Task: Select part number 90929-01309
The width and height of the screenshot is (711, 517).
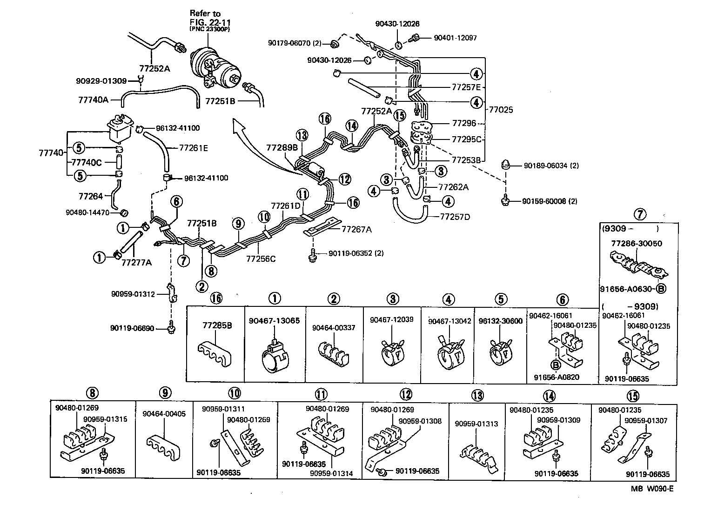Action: (x=101, y=81)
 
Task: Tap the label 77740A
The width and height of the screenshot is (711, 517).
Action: (x=93, y=99)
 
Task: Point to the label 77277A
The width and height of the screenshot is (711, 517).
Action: (x=136, y=263)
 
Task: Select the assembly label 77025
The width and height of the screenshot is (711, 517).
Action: (x=501, y=110)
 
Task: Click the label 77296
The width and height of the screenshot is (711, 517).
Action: (x=463, y=123)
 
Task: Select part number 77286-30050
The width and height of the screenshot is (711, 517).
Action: (x=636, y=243)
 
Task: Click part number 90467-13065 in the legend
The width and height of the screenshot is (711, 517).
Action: (x=274, y=321)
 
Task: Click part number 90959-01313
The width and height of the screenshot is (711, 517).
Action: (x=476, y=424)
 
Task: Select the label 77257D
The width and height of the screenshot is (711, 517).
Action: (x=455, y=217)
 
